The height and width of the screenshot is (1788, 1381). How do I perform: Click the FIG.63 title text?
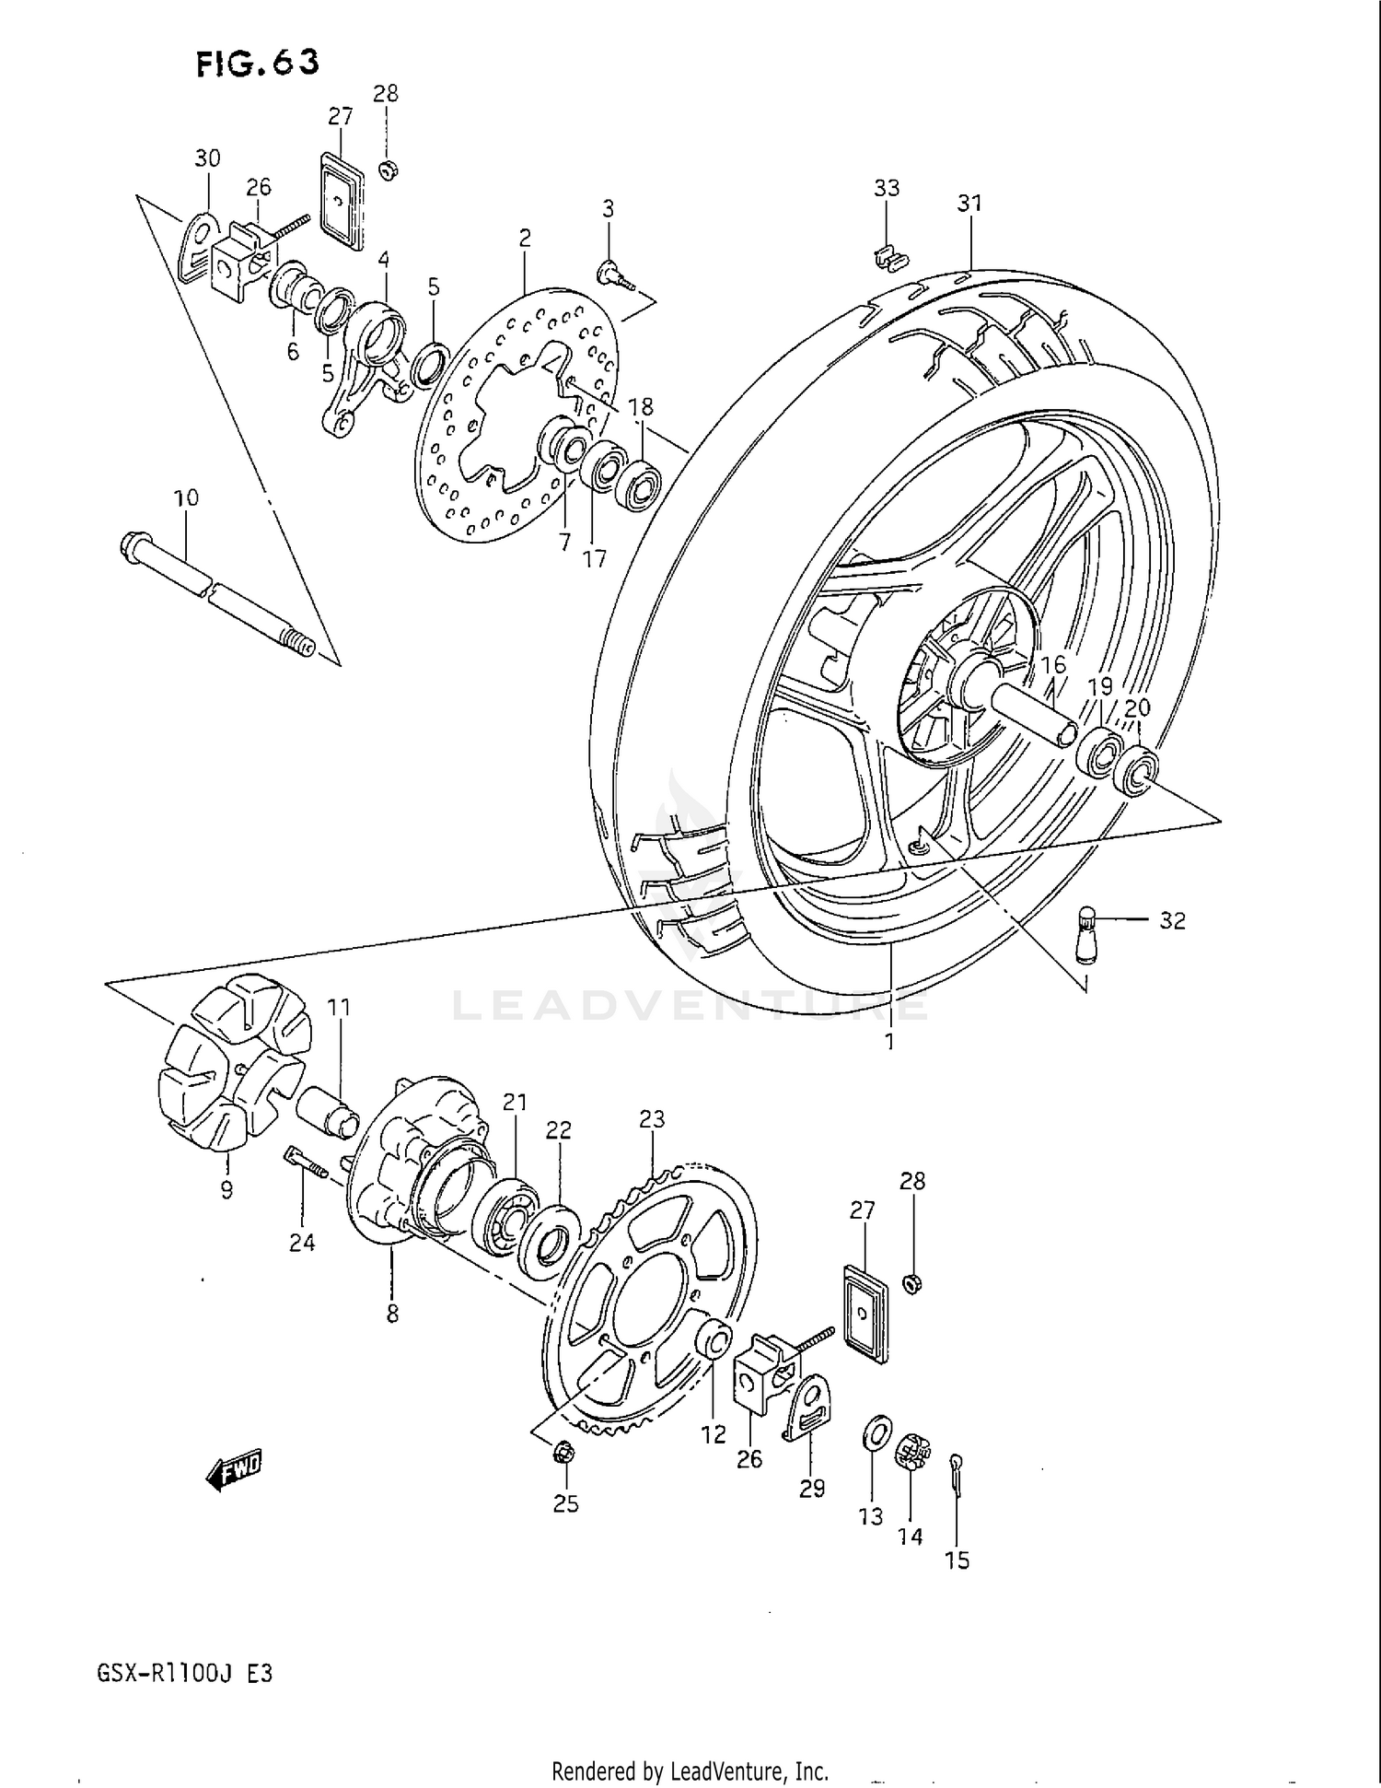click(x=257, y=63)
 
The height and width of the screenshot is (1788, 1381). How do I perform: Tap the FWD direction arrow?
click(x=234, y=1470)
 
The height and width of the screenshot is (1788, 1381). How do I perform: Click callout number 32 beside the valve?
click(x=1171, y=920)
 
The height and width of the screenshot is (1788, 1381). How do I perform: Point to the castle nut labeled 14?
click(x=910, y=1453)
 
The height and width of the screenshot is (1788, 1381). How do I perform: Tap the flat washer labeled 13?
click(x=876, y=1432)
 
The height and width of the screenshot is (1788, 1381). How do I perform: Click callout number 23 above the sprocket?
click(x=652, y=1119)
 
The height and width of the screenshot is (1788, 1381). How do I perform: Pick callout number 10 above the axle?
click(x=186, y=498)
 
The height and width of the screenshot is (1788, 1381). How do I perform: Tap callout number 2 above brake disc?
click(x=524, y=239)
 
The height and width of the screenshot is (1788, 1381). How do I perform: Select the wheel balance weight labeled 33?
click(x=886, y=258)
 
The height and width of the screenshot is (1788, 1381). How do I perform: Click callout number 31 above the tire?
click(x=969, y=203)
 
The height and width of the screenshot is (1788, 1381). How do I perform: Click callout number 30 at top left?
click(x=207, y=158)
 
